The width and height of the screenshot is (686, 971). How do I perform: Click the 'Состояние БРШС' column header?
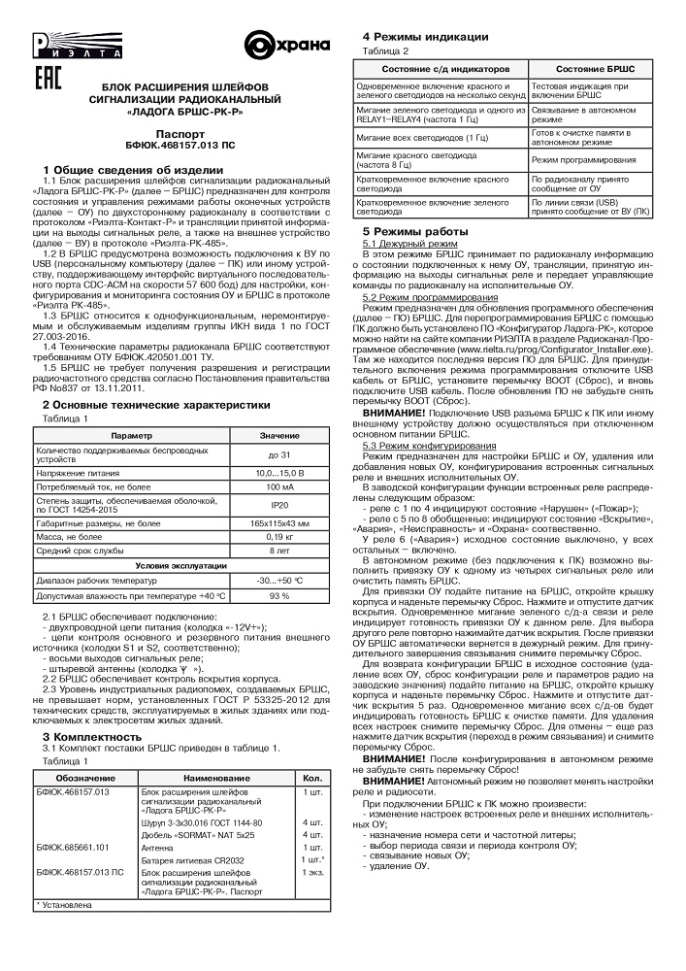point(595,70)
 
